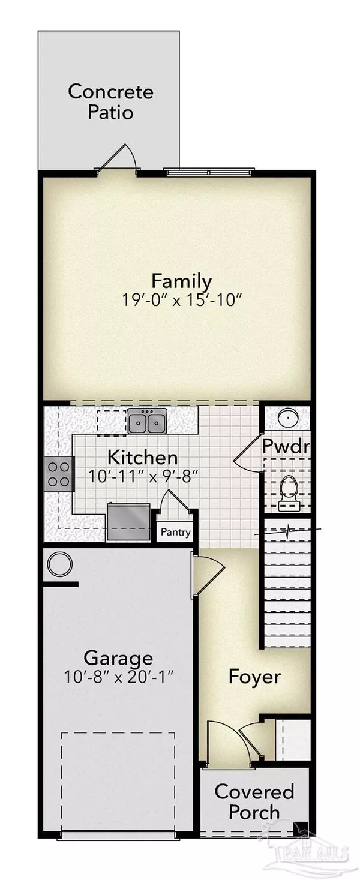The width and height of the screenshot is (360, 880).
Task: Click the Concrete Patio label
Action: tap(110, 102)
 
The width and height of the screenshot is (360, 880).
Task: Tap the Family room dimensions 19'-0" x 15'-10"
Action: tap(181, 301)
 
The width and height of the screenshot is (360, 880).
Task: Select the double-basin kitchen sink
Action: tap(148, 421)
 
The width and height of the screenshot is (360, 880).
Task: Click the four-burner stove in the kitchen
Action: tap(59, 474)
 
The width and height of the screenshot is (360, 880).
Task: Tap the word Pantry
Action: tap(176, 533)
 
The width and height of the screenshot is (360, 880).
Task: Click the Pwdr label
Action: tap(286, 446)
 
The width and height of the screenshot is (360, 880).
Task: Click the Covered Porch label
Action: tap(254, 801)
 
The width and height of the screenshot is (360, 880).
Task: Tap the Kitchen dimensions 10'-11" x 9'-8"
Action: tap(142, 476)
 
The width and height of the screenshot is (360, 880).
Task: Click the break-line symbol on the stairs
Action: tap(289, 531)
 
